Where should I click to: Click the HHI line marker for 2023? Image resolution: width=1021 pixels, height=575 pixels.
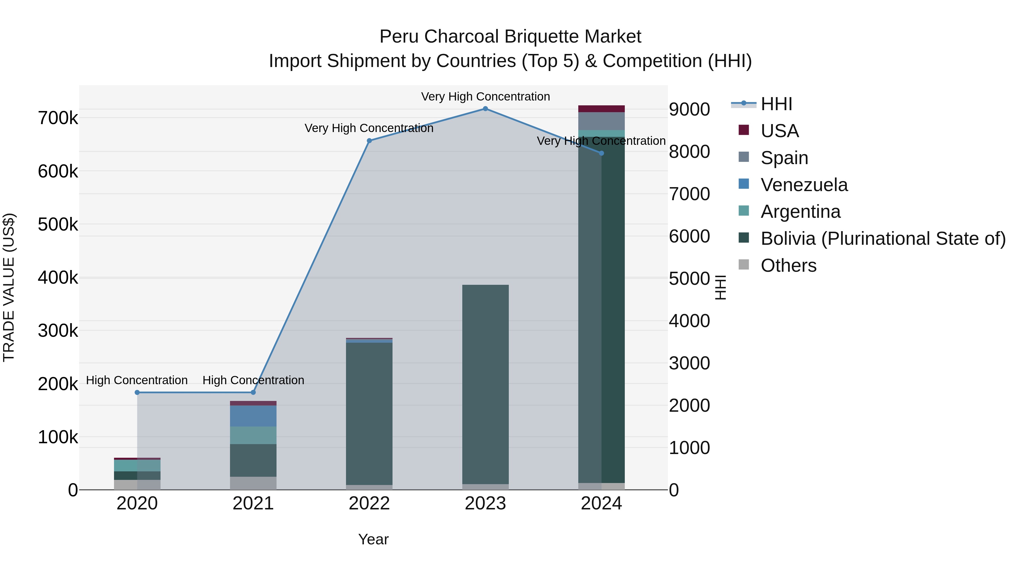[x=485, y=109]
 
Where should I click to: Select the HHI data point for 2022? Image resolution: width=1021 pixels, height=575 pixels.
[x=369, y=141]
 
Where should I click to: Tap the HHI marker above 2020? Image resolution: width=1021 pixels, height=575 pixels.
[x=137, y=392]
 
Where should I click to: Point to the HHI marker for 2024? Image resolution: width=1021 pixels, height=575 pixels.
[x=601, y=153]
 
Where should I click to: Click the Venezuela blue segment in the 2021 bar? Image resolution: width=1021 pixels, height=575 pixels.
[x=253, y=416]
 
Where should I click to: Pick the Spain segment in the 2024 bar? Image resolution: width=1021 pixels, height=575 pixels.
[x=601, y=121]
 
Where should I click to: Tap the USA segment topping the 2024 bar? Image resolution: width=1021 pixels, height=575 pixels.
[x=601, y=109]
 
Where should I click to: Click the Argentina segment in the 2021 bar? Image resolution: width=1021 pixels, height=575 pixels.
[x=253, y=435]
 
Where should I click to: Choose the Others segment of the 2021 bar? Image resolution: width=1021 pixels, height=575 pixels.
[x=253, y=483]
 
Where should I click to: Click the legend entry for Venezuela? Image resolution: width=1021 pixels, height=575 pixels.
[x=804, y=185]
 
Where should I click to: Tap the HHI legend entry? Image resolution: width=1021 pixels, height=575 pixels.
[x=776, y=104]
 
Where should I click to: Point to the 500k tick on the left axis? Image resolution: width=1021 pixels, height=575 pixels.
[x=58, y=225]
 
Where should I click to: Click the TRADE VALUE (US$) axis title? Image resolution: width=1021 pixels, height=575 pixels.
[x=9, y=287]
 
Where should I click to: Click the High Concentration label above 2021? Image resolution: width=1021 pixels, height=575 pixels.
[x=253, y=380]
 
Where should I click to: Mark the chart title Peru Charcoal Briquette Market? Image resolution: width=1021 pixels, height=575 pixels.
[x=510, y=37]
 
